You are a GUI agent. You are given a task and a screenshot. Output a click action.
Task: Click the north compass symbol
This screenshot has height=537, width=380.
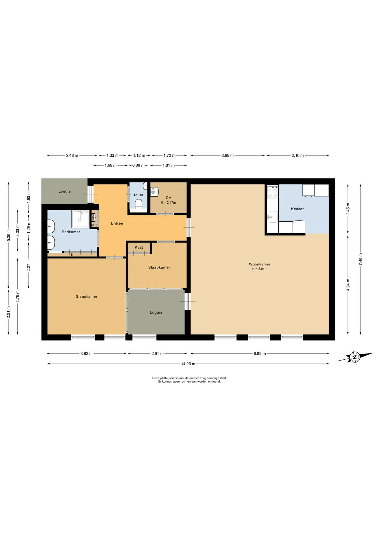tap(355, 357)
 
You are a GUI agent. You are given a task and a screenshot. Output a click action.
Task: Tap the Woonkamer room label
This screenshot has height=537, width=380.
tap(260, 264)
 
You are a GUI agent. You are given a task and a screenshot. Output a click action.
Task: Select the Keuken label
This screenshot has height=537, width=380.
tap(297, 209)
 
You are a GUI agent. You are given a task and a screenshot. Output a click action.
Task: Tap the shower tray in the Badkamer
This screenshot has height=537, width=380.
tap(81, 219)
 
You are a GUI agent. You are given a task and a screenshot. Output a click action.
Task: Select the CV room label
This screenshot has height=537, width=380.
tap(168, 198)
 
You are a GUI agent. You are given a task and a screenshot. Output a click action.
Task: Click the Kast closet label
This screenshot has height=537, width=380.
tap(139, 248)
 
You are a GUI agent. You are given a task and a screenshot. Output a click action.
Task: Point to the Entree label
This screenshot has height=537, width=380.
tap(117, 223)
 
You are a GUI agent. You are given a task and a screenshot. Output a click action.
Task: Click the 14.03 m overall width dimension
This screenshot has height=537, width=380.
tap(188, 364)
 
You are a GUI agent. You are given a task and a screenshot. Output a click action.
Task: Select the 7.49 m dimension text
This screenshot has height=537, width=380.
tap(360, 259)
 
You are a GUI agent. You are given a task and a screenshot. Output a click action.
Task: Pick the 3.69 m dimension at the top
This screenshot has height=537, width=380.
tap(227, 156)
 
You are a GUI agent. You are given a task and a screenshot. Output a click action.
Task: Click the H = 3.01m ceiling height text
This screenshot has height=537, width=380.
tap(260, 269)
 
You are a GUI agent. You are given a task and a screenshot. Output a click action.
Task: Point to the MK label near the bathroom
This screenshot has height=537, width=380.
tap(94, 225)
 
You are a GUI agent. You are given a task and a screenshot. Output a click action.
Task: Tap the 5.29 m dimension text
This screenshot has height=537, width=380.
tap(9, 235)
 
